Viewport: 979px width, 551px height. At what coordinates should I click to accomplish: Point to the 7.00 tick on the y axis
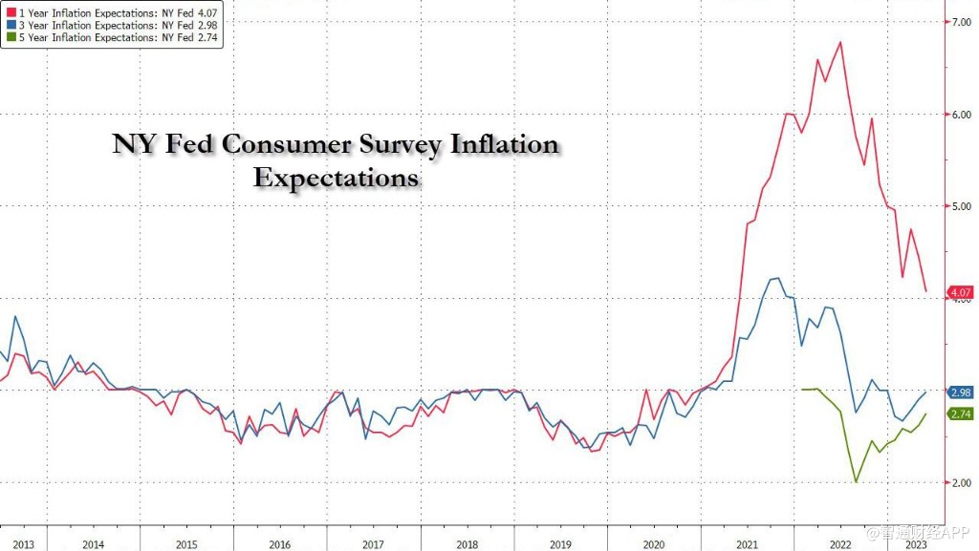click(x=959, y=22)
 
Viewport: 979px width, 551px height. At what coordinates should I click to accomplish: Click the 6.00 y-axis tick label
click(x=959, y=114)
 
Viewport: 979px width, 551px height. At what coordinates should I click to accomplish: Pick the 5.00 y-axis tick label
click(x=959, y=206)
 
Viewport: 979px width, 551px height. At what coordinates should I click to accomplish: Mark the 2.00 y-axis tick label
click(x=959, y=483)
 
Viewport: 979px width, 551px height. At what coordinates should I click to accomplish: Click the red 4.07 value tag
click(x=960, y=292)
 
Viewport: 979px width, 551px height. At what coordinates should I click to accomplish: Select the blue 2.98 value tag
click(x=960, y=392)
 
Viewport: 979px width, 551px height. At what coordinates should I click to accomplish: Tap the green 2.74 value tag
click(x=960, y=414)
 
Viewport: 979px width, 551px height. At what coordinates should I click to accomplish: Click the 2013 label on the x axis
click(x=23, y=544)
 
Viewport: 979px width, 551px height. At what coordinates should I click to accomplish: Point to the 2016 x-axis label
click(x=279, y=544)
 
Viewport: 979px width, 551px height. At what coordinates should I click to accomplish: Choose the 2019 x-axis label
click(x=558, y=544)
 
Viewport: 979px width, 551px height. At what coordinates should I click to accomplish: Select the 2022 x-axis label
click(x=839, y=544)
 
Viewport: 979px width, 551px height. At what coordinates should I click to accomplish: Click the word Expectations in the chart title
click(x=336, y=178)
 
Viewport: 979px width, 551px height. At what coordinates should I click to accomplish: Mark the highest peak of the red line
click(x=839, y=42)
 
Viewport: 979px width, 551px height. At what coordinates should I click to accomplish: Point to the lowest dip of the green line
click(x=856, y=481)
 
